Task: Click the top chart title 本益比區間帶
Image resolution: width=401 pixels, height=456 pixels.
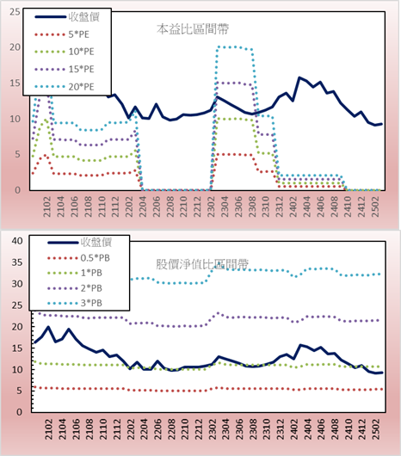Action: [193, 29]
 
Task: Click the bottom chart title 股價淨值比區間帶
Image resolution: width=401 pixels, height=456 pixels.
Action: [202, 264]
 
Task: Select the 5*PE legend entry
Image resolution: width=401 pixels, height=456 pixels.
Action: [62, 34]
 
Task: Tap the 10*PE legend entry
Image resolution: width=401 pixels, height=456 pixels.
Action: [65, 52]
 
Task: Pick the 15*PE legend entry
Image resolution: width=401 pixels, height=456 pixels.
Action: [65, 69]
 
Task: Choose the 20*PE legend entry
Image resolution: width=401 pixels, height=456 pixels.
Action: [65, 87]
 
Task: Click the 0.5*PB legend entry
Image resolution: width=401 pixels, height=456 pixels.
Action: [78, 258]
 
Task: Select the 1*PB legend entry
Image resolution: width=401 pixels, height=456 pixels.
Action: [75, 273]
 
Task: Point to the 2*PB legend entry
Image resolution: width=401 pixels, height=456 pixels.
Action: [75, 288]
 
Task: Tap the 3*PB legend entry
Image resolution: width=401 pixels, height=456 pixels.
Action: [75, 303]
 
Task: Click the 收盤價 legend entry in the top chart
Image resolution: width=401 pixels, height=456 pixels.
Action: [67, 17]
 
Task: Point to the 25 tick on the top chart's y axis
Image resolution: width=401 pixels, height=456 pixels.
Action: [15, 12]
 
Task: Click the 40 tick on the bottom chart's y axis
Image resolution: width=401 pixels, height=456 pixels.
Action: [17, 241]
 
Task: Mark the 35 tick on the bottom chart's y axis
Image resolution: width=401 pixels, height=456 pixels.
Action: [17, 262]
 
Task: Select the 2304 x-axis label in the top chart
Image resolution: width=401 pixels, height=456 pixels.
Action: [225, 206]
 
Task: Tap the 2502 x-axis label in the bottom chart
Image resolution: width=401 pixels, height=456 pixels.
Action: [377, 429]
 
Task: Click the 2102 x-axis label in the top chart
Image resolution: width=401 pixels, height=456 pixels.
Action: [47, 206]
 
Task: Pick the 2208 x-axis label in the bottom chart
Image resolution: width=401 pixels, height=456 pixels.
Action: [171, 429]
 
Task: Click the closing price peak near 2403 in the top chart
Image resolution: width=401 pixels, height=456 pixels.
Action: [299, 77]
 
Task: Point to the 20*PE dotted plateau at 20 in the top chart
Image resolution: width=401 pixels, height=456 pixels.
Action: [234, 47]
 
